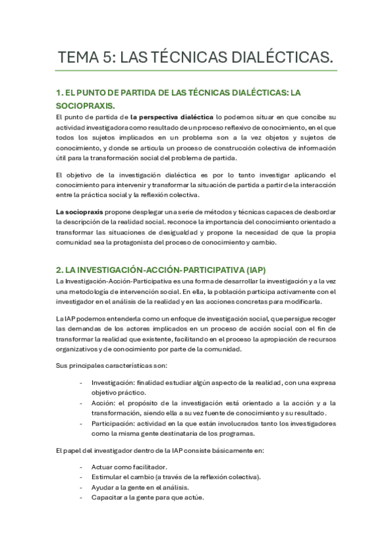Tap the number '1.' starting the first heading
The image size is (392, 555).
(60, 92)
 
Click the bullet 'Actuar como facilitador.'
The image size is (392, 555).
(129, 467)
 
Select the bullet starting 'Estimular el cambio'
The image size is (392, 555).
(175, 476)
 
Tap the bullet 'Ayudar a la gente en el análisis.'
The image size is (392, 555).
(140, 487)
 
